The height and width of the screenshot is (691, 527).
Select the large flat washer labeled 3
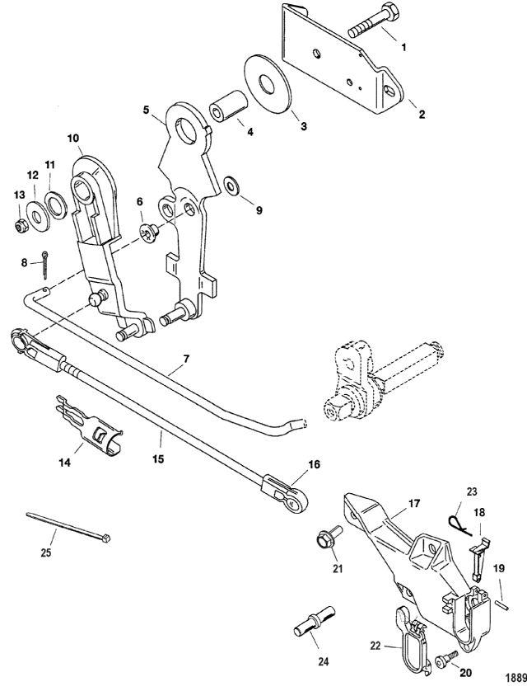tap(265, 83)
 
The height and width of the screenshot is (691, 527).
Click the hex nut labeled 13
tap(20, 223)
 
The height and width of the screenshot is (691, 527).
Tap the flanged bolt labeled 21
tap(324, 542)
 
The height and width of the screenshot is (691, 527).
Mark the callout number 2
tap(422, 115)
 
